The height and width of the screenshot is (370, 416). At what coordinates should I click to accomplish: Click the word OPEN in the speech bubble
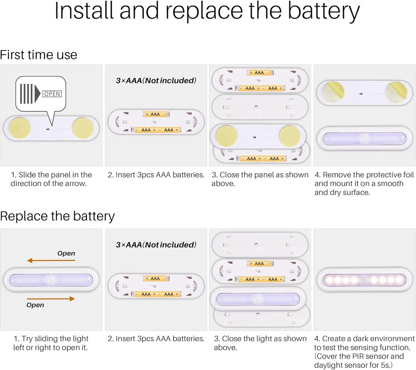pos(52,94)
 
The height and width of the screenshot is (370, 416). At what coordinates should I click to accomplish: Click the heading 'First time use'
pos(39,55)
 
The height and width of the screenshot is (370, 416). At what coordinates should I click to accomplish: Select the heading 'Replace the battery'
pos(57,216)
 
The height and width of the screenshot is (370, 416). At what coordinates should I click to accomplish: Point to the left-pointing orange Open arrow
pos(51,261)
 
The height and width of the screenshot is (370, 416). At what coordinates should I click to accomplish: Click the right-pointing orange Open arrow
pos(51,298)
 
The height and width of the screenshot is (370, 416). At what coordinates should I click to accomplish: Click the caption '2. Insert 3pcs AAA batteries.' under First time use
pos(156,175)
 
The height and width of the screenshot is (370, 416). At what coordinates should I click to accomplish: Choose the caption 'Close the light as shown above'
pos(260,343)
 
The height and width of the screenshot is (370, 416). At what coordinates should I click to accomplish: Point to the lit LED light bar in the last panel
pos(364,279)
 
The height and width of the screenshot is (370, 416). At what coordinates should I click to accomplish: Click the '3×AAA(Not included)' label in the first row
pos(156,80)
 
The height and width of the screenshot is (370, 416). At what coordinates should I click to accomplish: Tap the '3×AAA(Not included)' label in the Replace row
pos(156,245)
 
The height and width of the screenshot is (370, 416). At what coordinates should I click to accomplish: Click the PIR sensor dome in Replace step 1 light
pos(52,279)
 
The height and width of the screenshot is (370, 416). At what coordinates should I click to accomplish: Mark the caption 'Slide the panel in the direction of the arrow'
pos(52,179)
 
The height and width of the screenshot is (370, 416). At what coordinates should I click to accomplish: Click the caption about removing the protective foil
pos(364,184)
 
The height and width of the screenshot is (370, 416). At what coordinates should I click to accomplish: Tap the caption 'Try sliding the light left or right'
pos(52,343)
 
